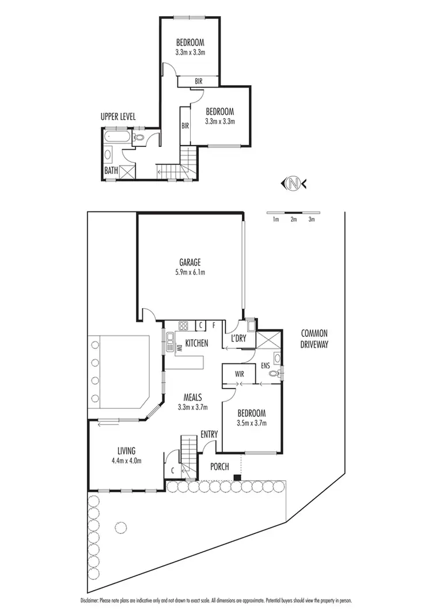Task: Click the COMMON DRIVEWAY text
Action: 313,339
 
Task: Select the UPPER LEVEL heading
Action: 118,116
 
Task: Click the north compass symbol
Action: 294,184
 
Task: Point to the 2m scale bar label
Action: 294,219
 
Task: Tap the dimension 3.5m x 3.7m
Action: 252,423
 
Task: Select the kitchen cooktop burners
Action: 184,325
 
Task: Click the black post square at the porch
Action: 237,477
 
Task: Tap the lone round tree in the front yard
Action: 120,527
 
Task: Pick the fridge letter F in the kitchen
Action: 214,325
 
